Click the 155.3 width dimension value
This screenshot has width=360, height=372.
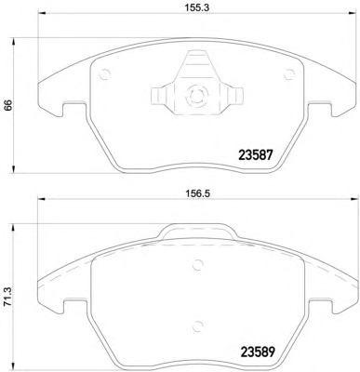(x=197, y=7)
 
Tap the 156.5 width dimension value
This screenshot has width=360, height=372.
(x=198, y=193)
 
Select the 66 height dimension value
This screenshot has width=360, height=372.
(x=7, y=105)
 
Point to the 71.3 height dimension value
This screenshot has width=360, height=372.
(x=7, y=297)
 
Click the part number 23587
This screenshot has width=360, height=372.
(x=256, y=154)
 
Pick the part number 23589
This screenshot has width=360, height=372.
(x=258, y=352)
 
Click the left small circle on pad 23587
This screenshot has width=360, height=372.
(x=105, y=73)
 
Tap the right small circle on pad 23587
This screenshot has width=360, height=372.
(x=289, y=73)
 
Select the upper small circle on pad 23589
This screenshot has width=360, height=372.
(x=197, y=264)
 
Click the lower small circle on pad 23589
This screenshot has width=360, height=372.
(x=197, y=325)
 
